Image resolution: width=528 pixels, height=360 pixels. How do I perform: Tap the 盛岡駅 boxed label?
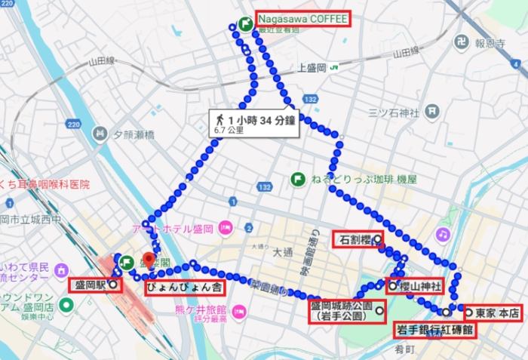[91, 285]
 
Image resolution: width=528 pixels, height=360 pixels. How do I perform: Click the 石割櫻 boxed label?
[355, 241]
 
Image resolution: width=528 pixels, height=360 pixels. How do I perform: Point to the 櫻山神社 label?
[417, 285]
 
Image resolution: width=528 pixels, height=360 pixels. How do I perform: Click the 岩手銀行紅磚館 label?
[435, 330]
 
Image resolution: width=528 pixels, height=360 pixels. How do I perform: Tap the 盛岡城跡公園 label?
[342, 312]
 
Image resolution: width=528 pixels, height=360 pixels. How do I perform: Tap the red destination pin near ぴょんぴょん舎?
[149, 260]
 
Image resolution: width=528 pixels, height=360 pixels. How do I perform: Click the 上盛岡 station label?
[312, 68]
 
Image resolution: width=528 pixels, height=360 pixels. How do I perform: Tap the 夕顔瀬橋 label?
[134, 134]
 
